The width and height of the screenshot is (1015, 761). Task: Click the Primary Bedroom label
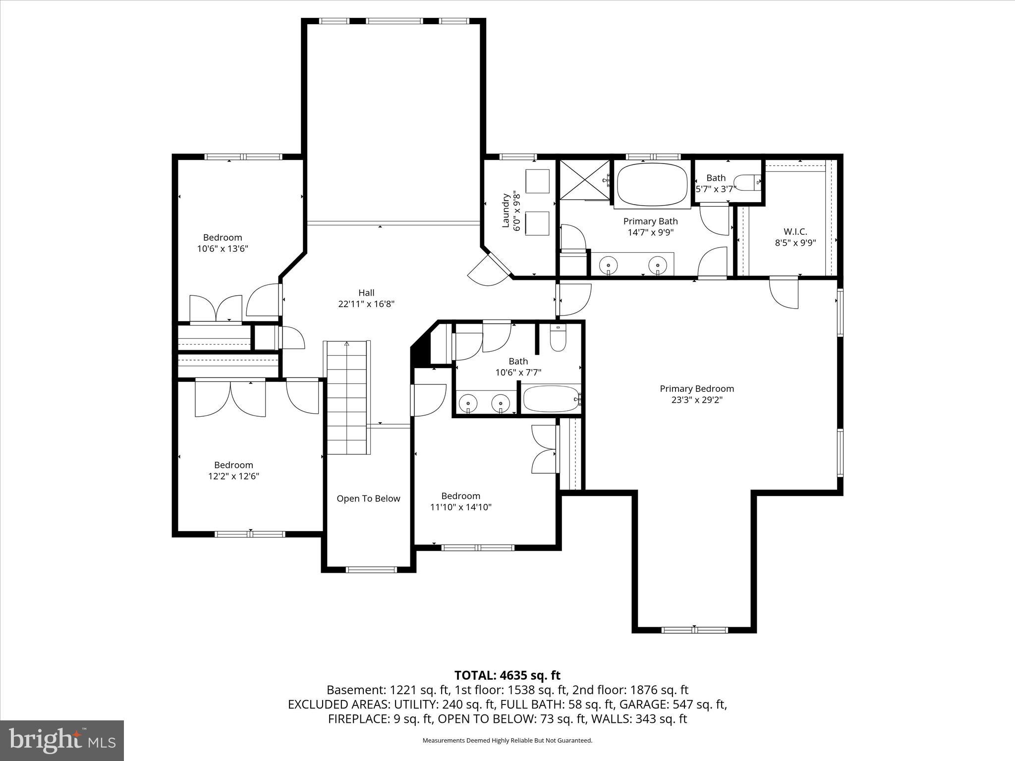(696, 389)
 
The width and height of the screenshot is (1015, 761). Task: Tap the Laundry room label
(506, 211)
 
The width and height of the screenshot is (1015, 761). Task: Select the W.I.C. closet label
(795, 231)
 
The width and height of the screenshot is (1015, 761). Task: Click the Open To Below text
(368, 498)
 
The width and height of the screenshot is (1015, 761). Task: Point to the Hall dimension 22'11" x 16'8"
(366, 304)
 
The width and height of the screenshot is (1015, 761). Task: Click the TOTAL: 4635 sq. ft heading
(507, 675)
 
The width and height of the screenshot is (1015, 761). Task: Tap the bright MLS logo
(62, 740)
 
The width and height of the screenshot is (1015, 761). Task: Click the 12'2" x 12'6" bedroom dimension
(233, 477)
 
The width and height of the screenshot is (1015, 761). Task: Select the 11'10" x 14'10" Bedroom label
(460, 496)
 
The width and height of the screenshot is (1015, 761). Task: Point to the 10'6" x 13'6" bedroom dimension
(223, 249)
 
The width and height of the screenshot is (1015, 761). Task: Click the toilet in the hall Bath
(558, 338)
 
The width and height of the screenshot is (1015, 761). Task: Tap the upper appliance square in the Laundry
(537, 181)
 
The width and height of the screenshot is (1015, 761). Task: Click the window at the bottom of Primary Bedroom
(694, 630)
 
